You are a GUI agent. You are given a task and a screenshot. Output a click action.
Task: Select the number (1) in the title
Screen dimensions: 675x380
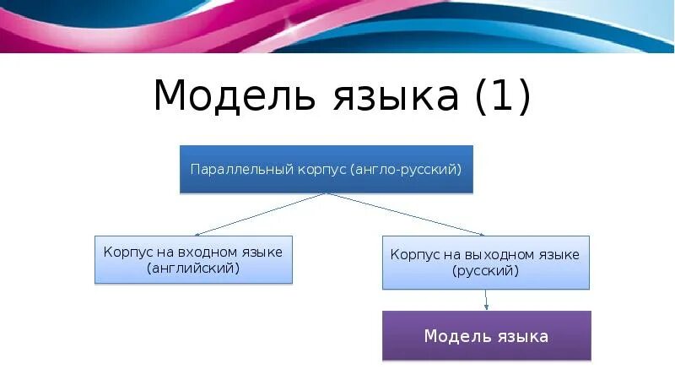coord(503,96)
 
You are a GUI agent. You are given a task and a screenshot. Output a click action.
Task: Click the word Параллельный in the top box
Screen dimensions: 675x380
coord(240,170)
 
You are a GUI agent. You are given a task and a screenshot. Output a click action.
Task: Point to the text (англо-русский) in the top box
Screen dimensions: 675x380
coord(408,170)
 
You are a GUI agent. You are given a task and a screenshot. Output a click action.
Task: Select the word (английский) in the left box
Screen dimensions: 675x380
coord(193,269)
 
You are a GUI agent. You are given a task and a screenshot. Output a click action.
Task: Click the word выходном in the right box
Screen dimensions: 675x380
coord(501,255)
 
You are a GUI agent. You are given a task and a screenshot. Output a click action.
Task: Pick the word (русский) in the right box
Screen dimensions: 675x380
coord(485,272)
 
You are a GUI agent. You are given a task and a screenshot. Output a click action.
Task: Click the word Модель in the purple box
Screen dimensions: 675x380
coord(454,336)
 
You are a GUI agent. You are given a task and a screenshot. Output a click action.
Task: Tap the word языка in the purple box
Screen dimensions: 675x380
coord(520,336)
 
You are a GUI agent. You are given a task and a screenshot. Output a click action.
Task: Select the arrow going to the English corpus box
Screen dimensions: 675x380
coord(257,214)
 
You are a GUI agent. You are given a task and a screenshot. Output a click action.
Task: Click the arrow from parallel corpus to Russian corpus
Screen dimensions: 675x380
coord(405,214)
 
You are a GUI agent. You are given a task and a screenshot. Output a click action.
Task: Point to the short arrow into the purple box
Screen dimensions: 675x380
coord(487,300)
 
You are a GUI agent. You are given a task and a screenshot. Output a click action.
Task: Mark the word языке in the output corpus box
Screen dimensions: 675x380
coord(557,255)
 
